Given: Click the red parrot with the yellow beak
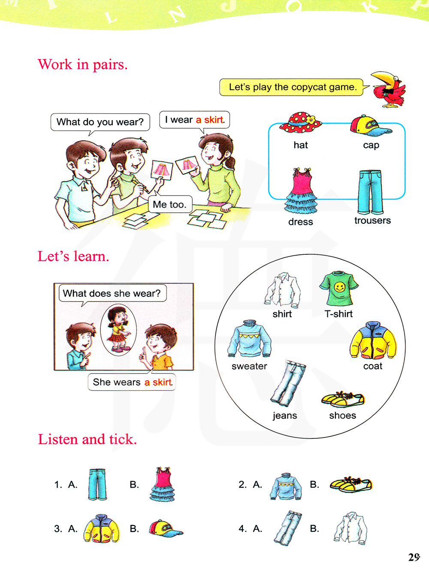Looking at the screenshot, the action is [389, 89].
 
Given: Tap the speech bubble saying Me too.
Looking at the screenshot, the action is [170, 204].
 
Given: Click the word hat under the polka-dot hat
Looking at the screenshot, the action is [301, 145].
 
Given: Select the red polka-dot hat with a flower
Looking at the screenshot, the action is [300, 123].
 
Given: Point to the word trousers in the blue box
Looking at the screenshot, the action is [372, 220].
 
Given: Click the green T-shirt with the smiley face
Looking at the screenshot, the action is [338, 288].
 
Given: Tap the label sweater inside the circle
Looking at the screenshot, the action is [249, 366].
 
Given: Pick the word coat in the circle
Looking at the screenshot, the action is [373, 366].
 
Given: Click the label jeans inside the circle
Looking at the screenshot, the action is [284, 416].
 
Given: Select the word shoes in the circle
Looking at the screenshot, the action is [342, 415].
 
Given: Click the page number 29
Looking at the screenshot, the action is [414, 557].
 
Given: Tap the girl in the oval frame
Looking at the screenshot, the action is [118, 330].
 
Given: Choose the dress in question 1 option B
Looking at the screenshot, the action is [162, 484].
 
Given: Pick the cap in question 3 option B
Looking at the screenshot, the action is [166, 528].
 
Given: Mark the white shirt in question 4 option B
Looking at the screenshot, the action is [350, 528].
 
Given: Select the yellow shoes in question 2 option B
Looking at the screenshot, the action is [350, 485].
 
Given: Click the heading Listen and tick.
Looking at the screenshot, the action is [87, 439].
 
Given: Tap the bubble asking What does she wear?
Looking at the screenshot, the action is [112, 293].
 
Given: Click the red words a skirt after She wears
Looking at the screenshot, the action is [158, 382].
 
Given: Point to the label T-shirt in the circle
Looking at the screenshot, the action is [338, 314].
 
